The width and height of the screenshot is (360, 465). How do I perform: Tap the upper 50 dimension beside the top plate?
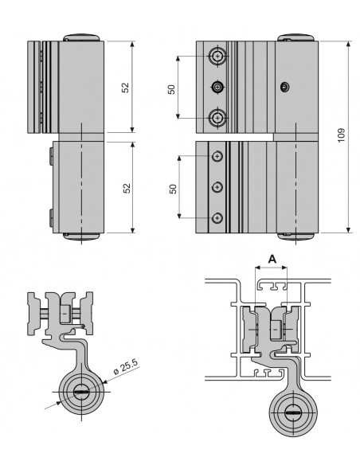(x=170, y=88)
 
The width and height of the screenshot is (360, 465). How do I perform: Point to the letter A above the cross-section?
(x=272, y=259)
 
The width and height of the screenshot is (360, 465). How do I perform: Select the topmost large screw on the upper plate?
(x=217, y=57)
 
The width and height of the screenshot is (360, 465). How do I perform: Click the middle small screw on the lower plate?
(x=216, y=187)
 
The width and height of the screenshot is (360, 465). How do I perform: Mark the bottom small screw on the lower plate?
(x=216, y=217)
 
